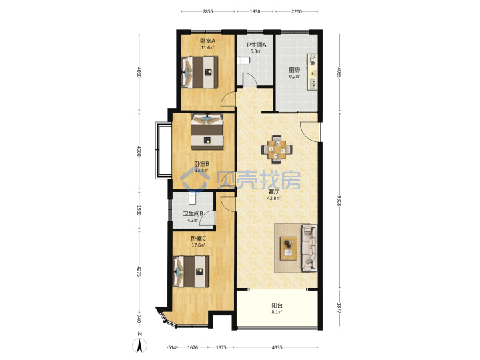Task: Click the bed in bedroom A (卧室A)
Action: pyautogui.click(x=200, y=72)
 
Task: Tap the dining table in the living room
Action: pyautogui.click(x=277, y=150)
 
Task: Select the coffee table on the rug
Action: pyautogui.click(x=289, y=248)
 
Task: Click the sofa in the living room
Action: pyautogui.click(x=309, y=248)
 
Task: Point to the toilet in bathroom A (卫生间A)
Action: pyautogui.click(x=243, y=60)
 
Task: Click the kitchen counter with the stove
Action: pyautogui.click(x=312, y=72)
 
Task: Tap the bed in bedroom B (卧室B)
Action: pyautogui.click(x=207, y=131)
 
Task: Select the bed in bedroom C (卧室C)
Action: pyautogui.click(x=191, y=271)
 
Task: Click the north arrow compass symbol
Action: pyautogui.click(x=139, y=346)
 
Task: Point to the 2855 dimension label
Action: pyautogui.click(x=207, y=11)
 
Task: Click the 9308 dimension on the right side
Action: pyautogui.click(x=339, y=201)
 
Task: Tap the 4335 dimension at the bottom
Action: pyautogui.click(x=277, y=347)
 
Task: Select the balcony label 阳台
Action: pyautogui.click(x=277, y=305)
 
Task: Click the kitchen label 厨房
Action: pyautogui.click(x=295, y=70)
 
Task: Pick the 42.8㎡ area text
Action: pyautogui.click(x=273, y=198)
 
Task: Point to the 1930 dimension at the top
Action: pyautogui.click(x=255, y=11)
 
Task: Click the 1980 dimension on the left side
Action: pyautogui.click(x=139, y=210)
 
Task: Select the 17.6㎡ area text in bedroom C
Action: pyautogui.click(x=198, y=245)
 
